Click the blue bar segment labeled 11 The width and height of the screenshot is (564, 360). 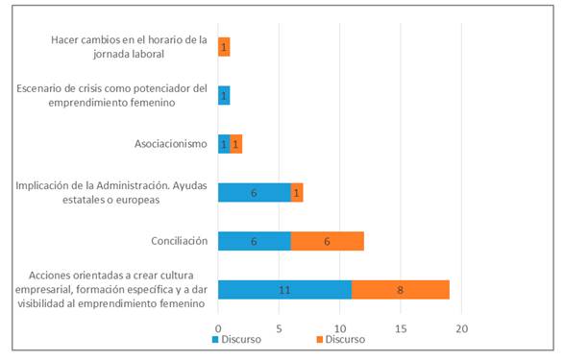[x=284, y=289]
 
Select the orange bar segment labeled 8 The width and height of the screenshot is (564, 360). [x=401, y=289]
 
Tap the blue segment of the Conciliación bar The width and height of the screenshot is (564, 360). [x=255, y=241]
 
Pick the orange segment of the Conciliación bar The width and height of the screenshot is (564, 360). [x=328, y=241]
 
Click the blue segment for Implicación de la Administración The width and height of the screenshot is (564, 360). [x=255, y=192]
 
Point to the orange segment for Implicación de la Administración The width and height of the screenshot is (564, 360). [x=297, y=192]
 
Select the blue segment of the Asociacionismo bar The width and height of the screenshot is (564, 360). [x=224, y=144]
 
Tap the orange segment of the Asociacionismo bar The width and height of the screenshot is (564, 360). [x=236, y=144]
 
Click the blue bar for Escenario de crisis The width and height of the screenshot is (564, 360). [x=224, y=95]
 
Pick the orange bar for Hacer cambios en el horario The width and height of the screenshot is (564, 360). [x=224, y=47]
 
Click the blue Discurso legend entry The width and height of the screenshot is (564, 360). [x=237, y=338]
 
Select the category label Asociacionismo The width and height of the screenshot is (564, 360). [x=171, y=144]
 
